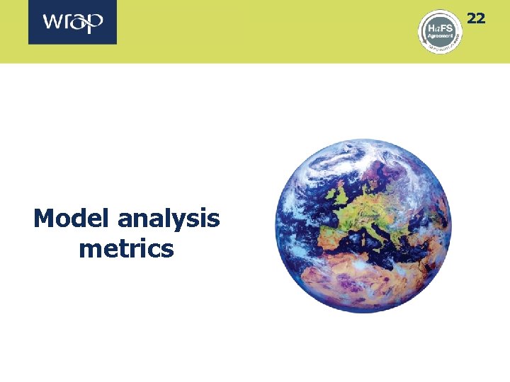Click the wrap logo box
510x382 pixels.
click(72, 22)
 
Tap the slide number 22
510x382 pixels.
click(476, 18)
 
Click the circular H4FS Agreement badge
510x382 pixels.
click(440, 31)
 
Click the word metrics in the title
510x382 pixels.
click(126, 248)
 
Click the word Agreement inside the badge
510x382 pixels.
click(440, 36)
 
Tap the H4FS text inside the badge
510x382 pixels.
click(439, 27)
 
